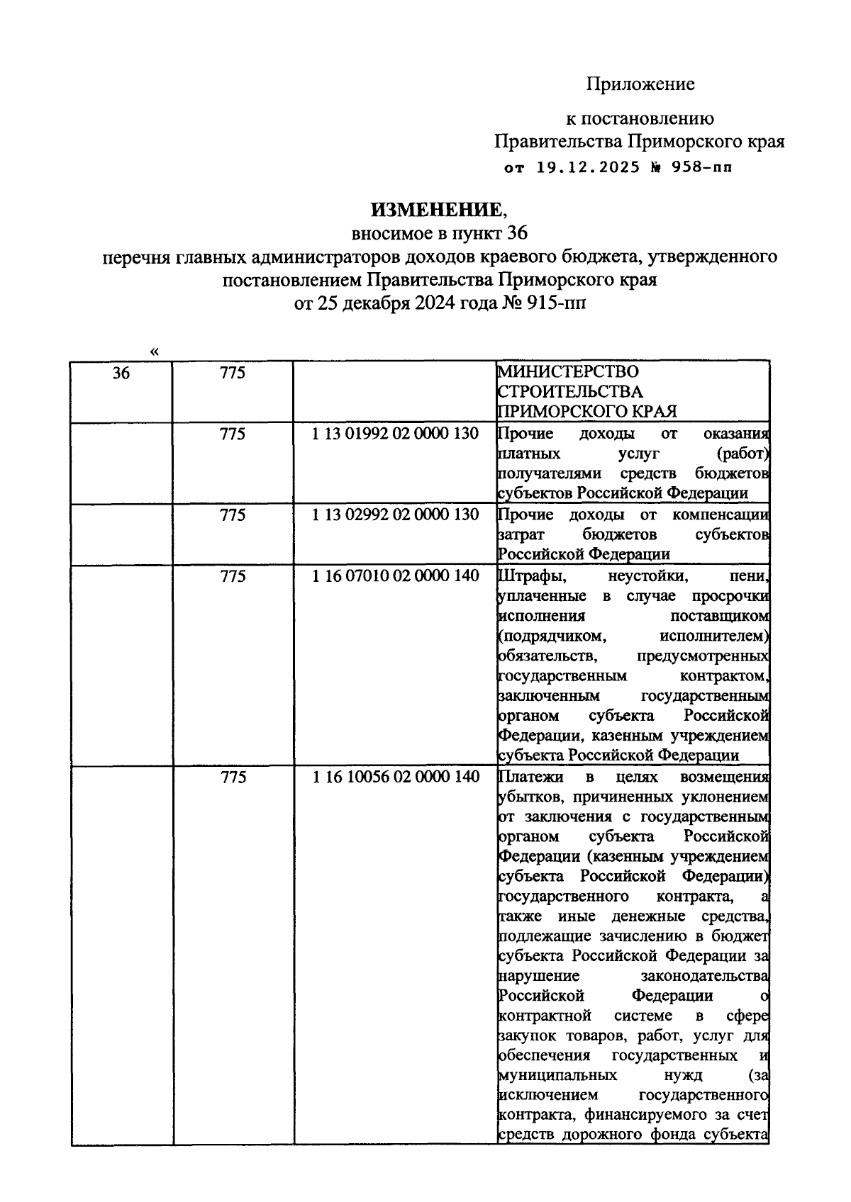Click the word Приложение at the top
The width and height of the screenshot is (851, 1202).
tap(640, 84)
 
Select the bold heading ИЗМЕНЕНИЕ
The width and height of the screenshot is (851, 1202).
tap(435, 210)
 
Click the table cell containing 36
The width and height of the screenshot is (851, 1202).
tap(121, 373)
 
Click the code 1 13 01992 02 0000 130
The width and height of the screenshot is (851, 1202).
tap(395, 434)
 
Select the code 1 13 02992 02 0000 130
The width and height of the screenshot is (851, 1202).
tap(395, 515)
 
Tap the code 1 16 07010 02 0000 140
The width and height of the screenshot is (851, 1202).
tap(395, 575)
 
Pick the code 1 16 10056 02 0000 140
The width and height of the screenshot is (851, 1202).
tap(395, 777)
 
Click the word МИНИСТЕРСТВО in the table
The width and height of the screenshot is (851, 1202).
tap(568, 371)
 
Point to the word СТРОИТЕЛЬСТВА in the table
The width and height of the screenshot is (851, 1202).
tap(571, 391)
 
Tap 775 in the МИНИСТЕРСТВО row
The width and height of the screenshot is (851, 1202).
tap(233, 373)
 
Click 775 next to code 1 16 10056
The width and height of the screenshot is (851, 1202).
tap(233, 777)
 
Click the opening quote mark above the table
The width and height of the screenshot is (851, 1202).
tap(155, 352)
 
